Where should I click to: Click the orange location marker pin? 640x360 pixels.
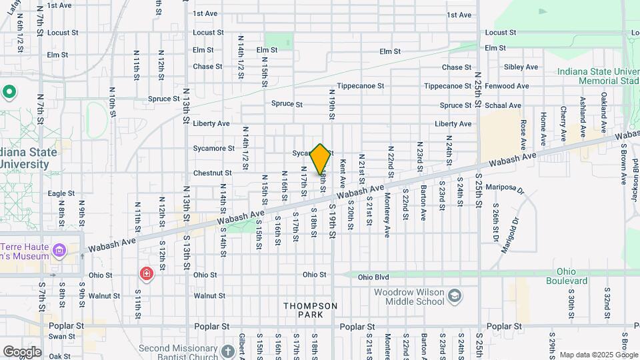[321, 159]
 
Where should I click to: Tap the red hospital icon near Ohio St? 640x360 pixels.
[145, 273]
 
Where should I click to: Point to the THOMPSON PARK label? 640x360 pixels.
[310, 310]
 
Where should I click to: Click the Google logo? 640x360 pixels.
[21, 352]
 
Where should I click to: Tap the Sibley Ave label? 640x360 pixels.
[521, 67]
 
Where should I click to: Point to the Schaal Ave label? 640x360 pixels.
[506, 105]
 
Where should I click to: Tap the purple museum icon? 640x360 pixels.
[60, 251]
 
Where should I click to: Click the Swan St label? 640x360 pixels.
[61, 337]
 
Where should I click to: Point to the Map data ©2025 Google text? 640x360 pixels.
[598, 355]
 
